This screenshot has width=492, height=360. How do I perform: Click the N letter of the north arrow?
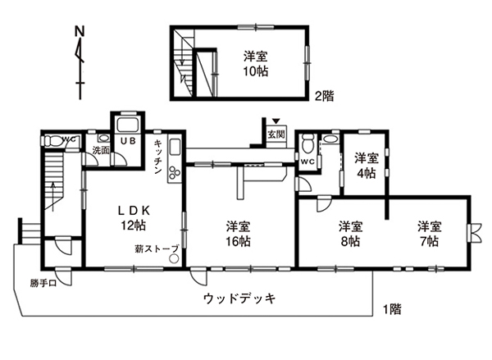point(80,31)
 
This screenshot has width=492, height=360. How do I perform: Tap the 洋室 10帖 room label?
point(256,64)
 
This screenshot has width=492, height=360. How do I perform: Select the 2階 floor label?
point(325,96)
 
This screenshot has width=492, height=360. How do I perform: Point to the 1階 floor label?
point(392,309)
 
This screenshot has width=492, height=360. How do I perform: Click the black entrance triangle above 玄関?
point(276,121)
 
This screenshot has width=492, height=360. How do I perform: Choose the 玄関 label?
point(276,134)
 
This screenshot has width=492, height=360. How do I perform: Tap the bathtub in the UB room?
point(128,125)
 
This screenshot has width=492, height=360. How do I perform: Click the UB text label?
point(128,141)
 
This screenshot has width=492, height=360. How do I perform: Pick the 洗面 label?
point(100,150)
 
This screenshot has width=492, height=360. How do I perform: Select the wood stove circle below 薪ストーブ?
point(173,259)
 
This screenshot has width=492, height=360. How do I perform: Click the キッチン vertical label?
point(157,157)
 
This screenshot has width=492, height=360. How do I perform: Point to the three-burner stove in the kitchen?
point(175,172)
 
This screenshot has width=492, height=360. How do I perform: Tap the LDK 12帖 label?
point(134,217)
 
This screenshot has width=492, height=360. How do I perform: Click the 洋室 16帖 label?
point(239,234)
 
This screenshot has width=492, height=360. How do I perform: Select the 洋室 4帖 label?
point(367,166)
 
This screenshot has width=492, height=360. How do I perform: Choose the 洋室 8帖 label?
point(350,234)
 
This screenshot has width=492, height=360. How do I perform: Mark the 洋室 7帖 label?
point(429,234)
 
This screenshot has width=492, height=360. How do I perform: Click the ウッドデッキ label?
point(239,298)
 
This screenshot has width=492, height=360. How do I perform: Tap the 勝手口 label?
point(43,284)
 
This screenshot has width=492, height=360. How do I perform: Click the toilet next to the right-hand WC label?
point(307,144)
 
